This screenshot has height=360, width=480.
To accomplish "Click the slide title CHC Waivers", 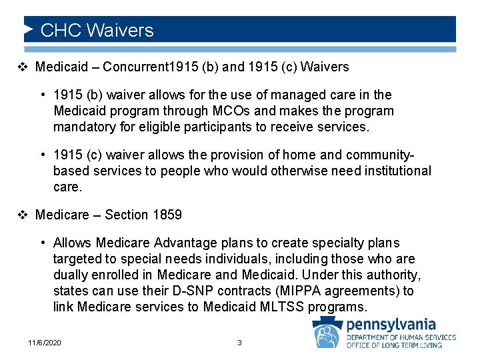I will pos(97,31).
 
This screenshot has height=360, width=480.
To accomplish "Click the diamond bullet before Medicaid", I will pos(23,67).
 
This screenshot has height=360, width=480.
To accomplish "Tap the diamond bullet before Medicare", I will pos(23,215).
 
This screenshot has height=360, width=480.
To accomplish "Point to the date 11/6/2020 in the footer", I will pos(45,343).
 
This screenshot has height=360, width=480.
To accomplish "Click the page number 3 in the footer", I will pos(240,343).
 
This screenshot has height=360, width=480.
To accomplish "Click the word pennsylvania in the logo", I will pos(391,325).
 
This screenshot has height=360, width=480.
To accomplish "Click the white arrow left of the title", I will pos(29,30).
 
